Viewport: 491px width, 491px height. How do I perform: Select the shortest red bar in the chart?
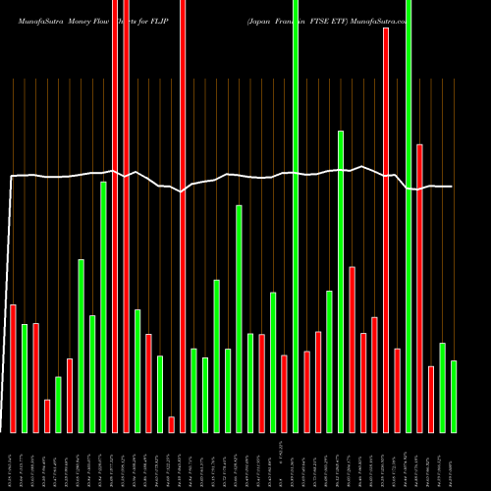171,424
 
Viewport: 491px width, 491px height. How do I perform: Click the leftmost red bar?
13,368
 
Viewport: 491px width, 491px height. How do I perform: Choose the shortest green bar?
58,405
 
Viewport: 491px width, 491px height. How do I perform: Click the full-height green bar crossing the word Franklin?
296,216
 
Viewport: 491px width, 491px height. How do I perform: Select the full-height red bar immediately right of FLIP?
183,216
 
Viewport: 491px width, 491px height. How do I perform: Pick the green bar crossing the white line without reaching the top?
341,281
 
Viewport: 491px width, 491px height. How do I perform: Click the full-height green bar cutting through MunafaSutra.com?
409,216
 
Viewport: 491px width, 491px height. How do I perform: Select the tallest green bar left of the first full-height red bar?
103,306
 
